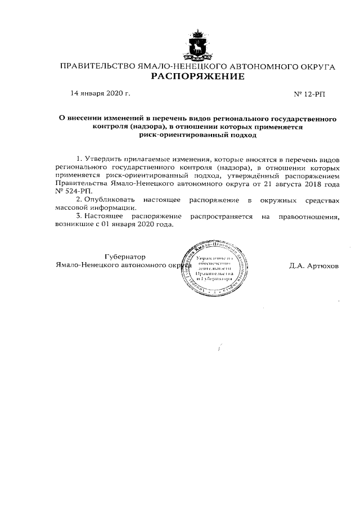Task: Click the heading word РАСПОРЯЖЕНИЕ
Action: [x=197, y=76]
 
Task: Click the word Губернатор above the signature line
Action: [x=125, y=256]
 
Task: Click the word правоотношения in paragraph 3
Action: [x=307, y=216]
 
